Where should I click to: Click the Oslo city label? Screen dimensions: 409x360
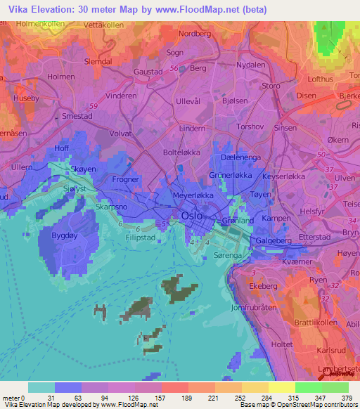[x=194, y=216]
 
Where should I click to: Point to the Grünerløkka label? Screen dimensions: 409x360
[x=231, y=174]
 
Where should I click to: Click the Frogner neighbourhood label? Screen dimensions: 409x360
[x=127, y=179]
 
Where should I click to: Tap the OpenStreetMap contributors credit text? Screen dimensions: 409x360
[x=314, y=405]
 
